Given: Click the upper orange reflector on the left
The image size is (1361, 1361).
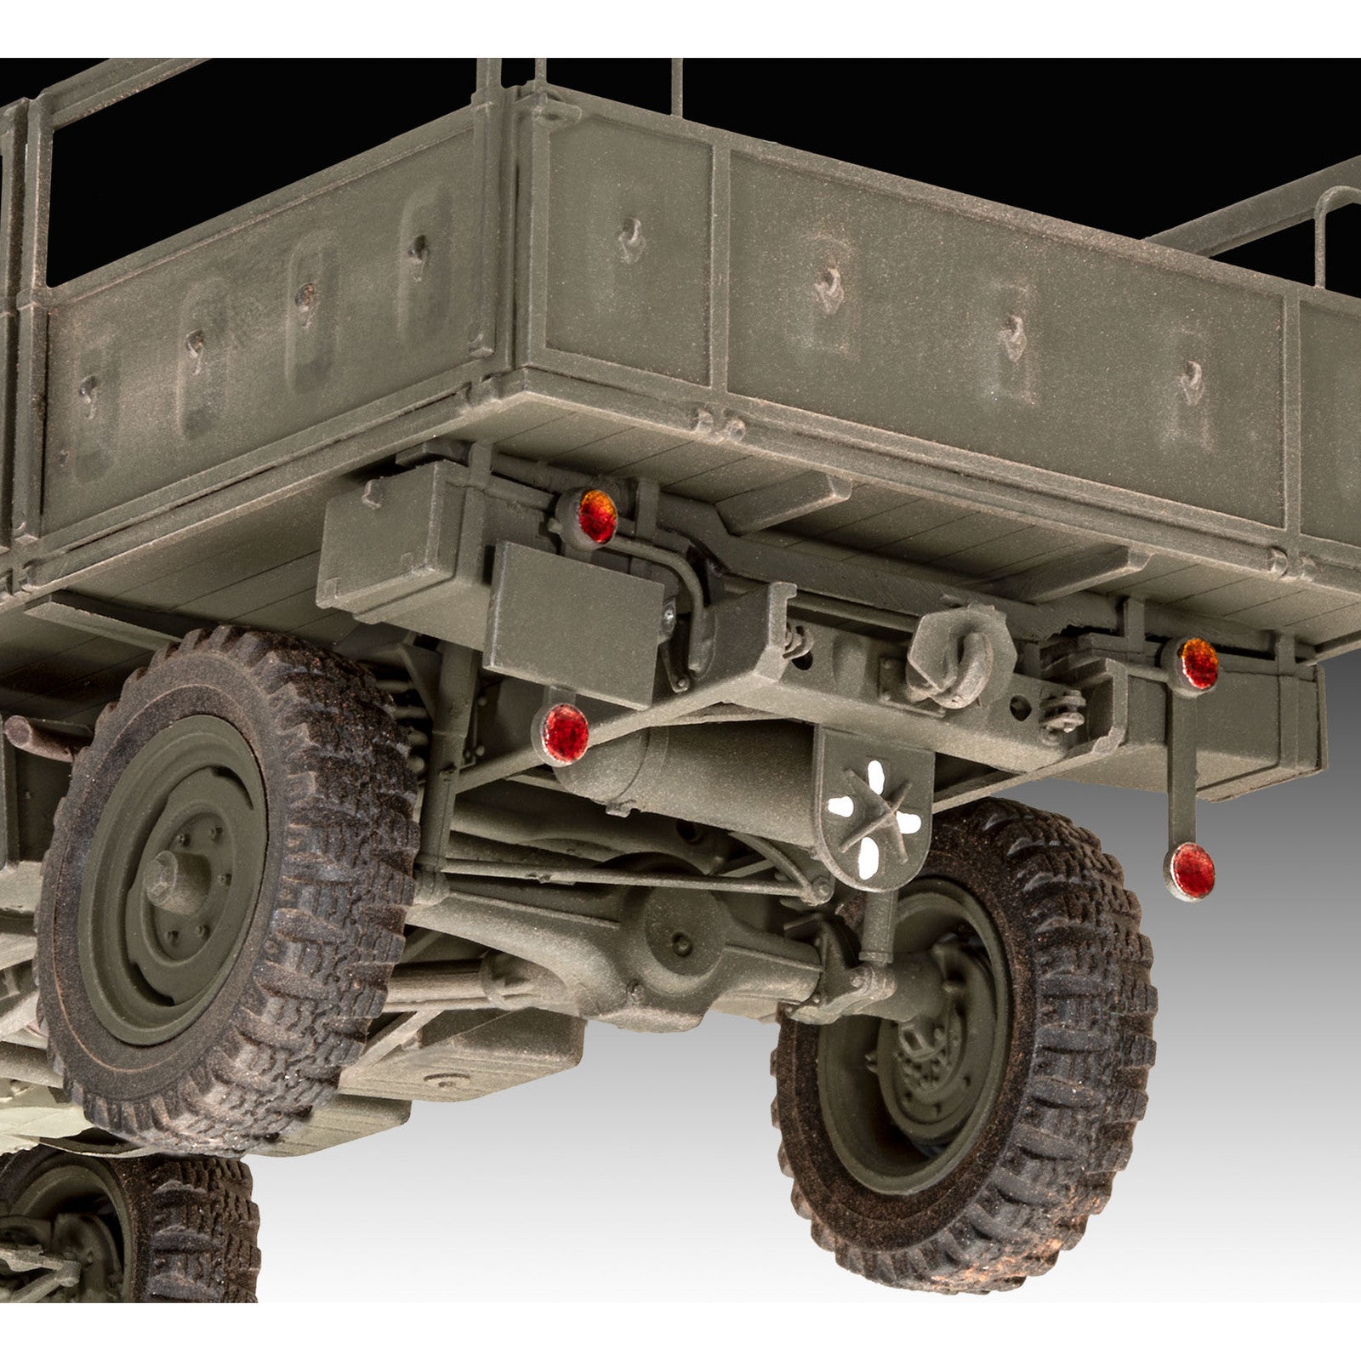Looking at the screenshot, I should [597, 516].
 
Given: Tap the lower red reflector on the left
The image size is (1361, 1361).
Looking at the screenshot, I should [567, 730].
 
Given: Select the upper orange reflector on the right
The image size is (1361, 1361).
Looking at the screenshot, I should [1199, 663].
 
